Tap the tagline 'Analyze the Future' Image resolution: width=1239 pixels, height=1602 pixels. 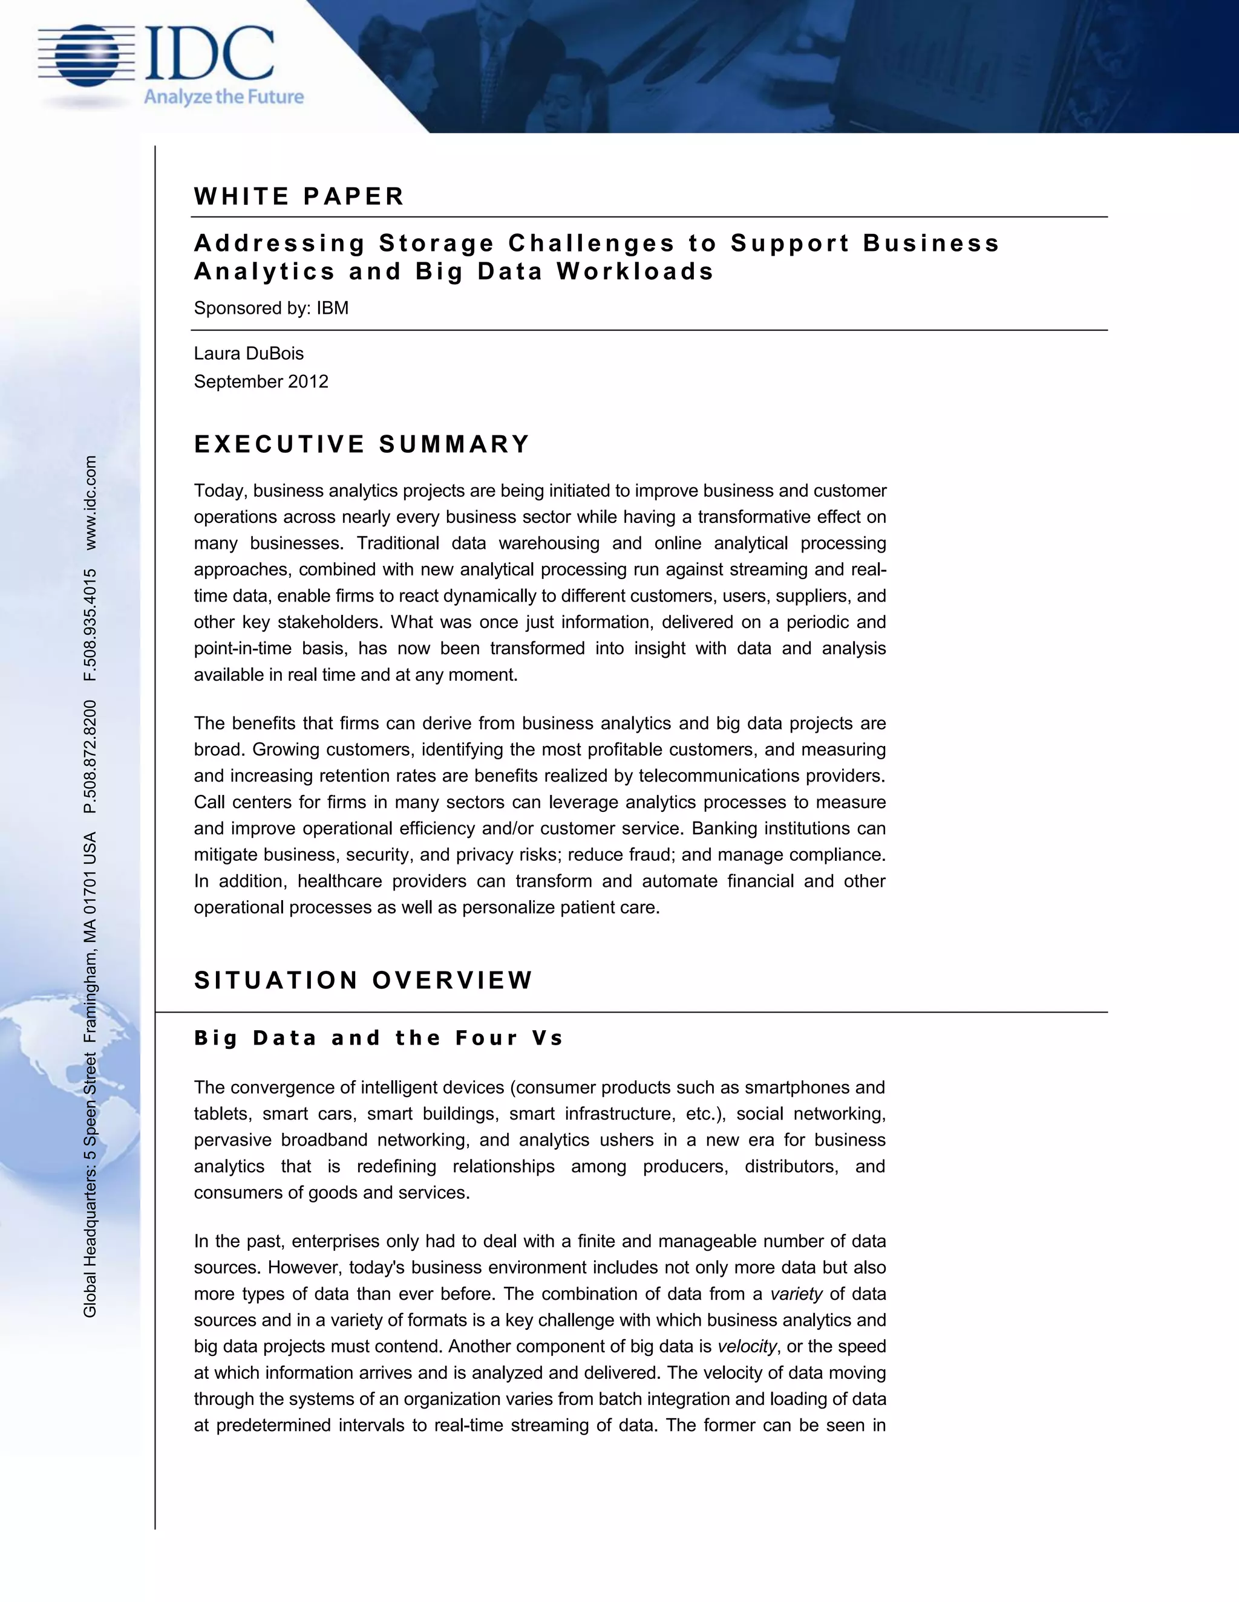(223, 97)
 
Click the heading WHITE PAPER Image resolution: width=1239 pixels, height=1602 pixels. (299, 196)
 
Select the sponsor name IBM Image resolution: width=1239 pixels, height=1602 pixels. (333, 308)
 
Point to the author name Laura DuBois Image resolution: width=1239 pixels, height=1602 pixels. (249, 354)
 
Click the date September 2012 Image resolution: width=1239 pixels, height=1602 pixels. (261, 381)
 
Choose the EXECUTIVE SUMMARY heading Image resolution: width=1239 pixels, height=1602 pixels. (362, 444)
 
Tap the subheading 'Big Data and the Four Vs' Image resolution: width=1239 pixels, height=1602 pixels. (379, 1038)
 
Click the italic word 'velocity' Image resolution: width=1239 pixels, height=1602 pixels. (747, 1346)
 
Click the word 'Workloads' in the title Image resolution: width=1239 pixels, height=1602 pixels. (635, 271)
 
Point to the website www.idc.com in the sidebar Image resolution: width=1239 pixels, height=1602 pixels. (90, 502)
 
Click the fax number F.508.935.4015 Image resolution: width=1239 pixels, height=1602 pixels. (90, 625)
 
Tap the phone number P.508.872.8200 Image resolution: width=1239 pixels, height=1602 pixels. (90, 757)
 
